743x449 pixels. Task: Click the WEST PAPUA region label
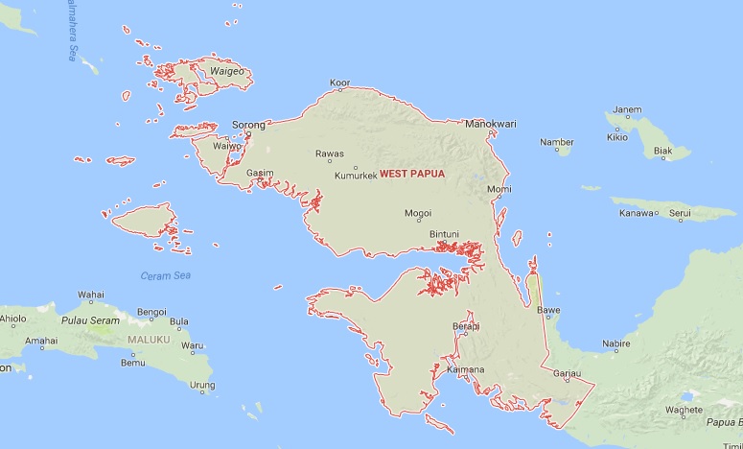[x=412, y=174]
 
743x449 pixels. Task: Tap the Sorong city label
[x=248, y=125]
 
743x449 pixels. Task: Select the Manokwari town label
[x=490, y=124]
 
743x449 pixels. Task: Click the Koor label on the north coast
[x=339, y=83]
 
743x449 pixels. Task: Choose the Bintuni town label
[x=444, y=233]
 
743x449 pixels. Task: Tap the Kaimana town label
[x=465, y=369]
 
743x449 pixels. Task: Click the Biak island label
[x=663, y=151]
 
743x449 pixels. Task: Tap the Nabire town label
[x=615, y=343]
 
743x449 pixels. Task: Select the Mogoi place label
[x=417, y=213]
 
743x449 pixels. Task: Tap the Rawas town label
[x=330, y=154]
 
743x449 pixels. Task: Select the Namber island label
[x=556, y=142]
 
